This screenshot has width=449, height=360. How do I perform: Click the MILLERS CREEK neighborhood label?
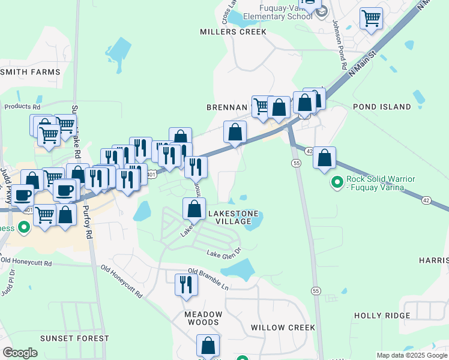[x=233, y=32]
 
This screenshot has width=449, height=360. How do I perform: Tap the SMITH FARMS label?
[x=31, y=72]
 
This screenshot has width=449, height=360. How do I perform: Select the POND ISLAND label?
[x=382, y=107]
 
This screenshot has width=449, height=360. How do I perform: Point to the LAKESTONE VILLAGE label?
[x=233, y=217]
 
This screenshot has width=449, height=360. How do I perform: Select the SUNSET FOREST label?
[x=74, y=338]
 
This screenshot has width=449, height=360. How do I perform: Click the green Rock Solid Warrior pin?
[x=337, y=180]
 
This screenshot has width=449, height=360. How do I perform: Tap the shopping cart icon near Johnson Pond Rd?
[x=372, y=18]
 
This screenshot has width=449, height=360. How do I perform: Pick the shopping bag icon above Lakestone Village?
[x=194, y=209]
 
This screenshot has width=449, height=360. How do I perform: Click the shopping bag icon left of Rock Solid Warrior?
[x=324, y=158]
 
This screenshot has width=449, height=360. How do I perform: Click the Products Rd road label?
[x=22, y=107]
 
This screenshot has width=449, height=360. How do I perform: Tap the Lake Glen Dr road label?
[x=224, y=253]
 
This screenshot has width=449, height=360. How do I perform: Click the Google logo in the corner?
[x=20, y=353]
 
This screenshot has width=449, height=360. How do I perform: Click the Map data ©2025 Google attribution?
[x=411, y=355]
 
